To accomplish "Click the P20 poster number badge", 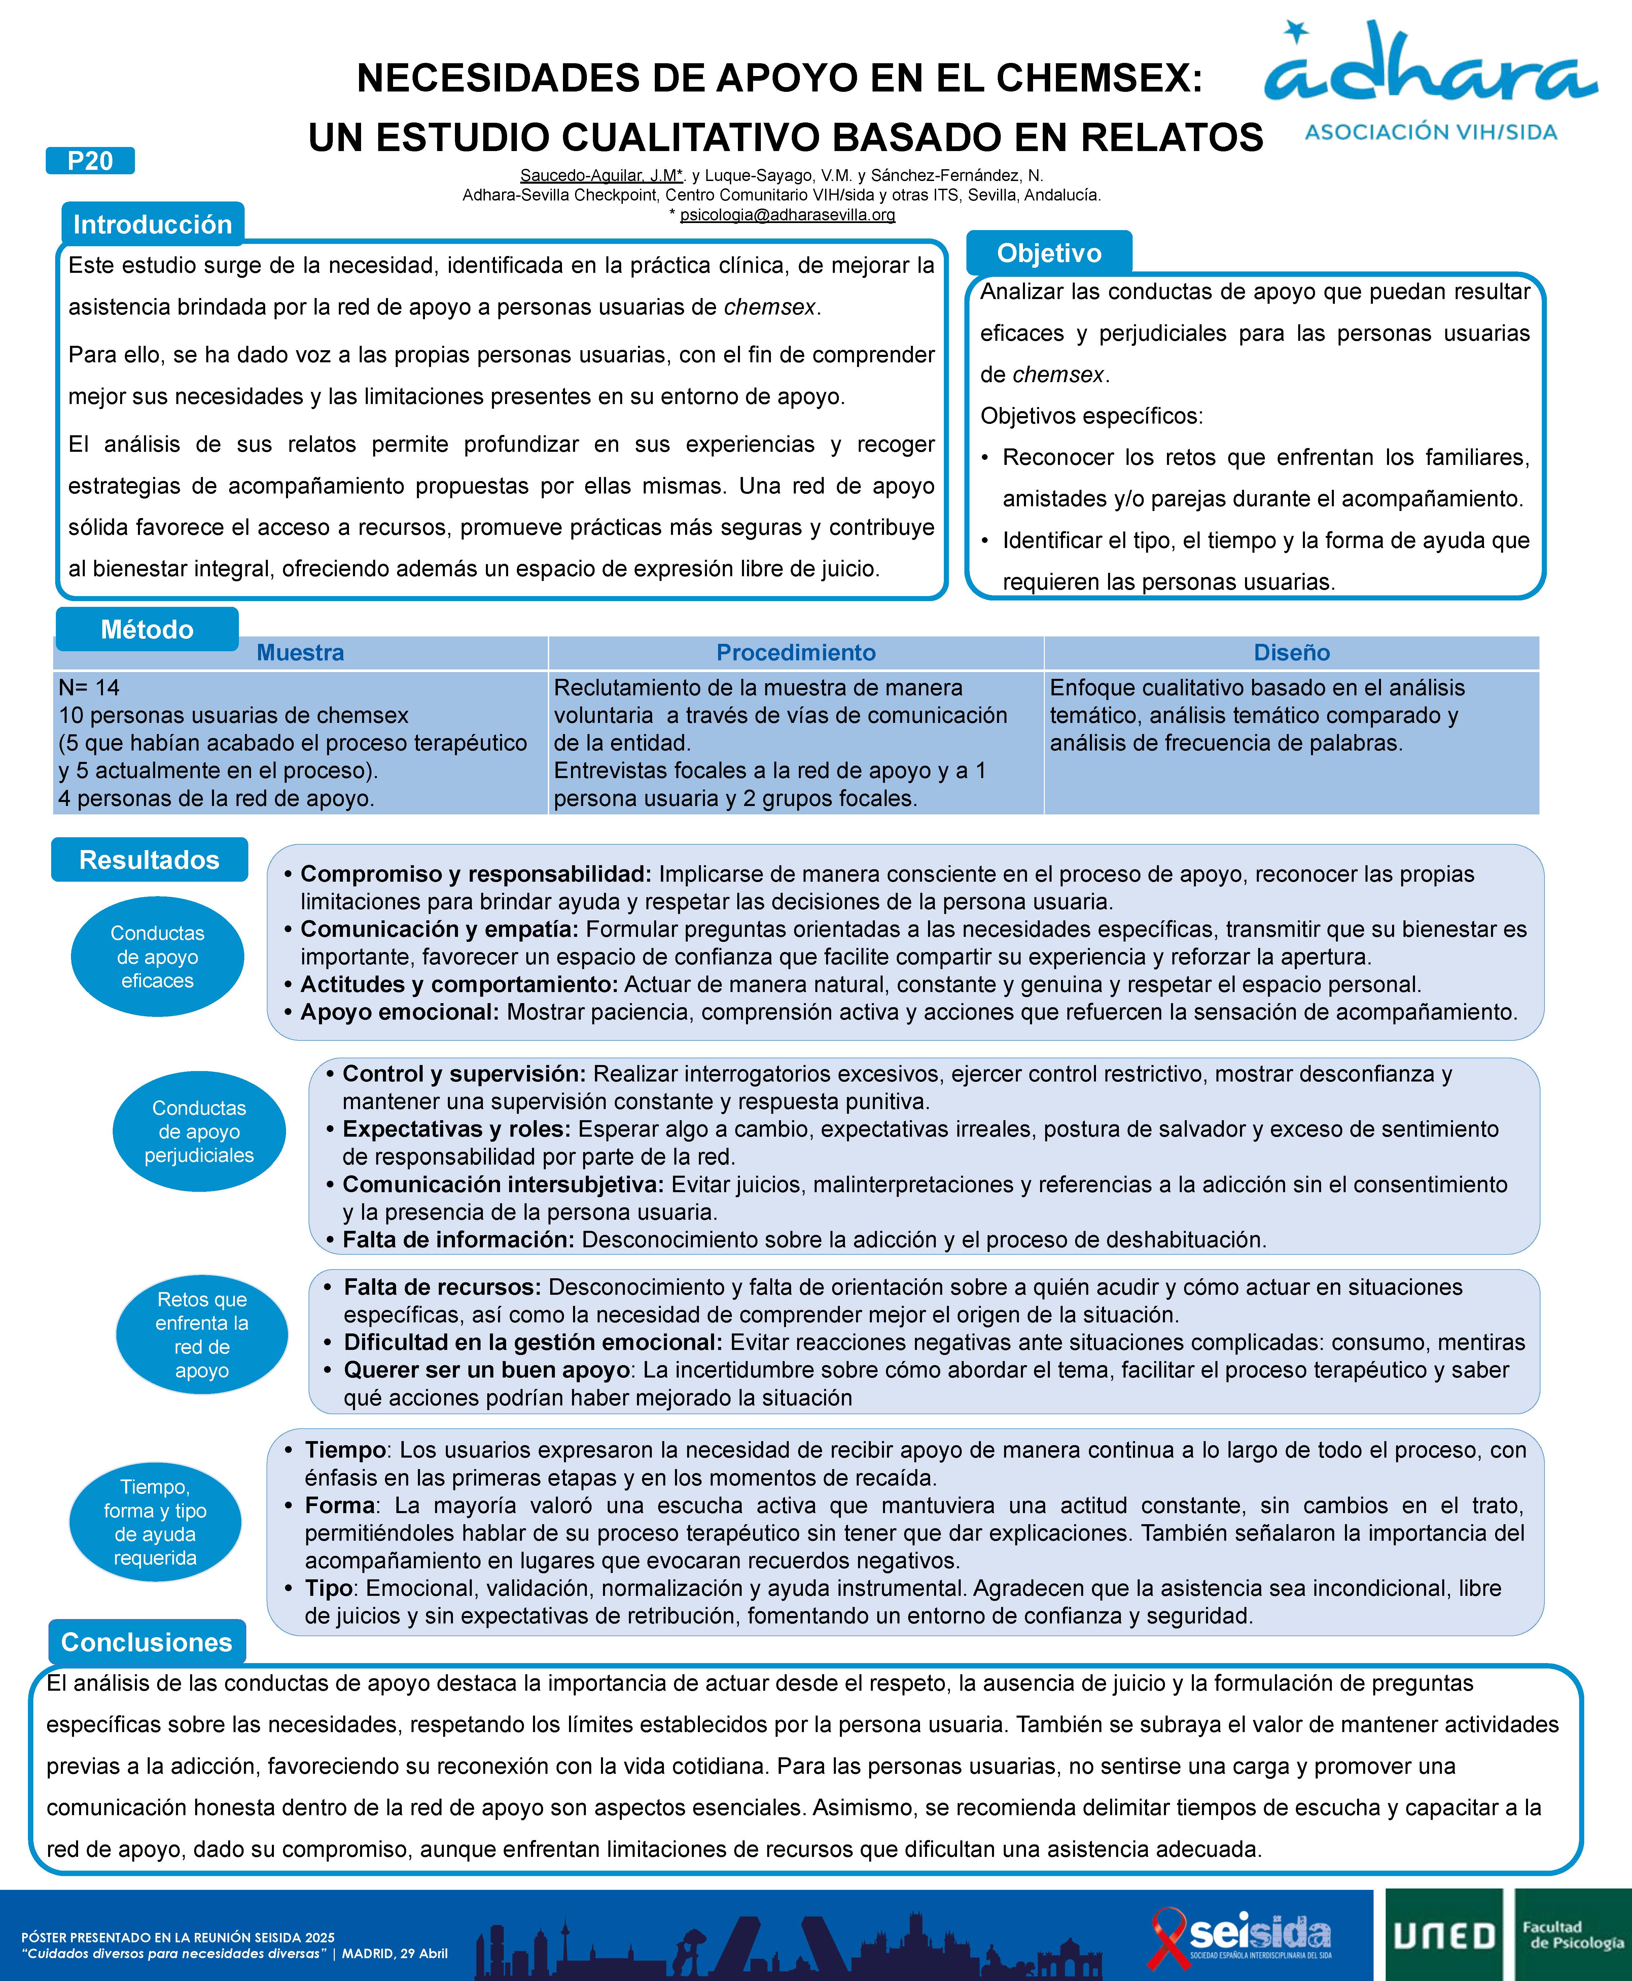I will point(90,161).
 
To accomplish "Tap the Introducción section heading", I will point(152,224).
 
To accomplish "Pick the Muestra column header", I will point(300,652).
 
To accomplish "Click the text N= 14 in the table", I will point(89,687).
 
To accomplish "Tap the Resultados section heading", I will point(149,859).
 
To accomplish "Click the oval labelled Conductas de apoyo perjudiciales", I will point(199,1132).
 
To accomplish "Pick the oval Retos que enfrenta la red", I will point(202,1334).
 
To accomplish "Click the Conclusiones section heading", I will point(147,1642).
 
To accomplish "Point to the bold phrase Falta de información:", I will point(458,1240).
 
